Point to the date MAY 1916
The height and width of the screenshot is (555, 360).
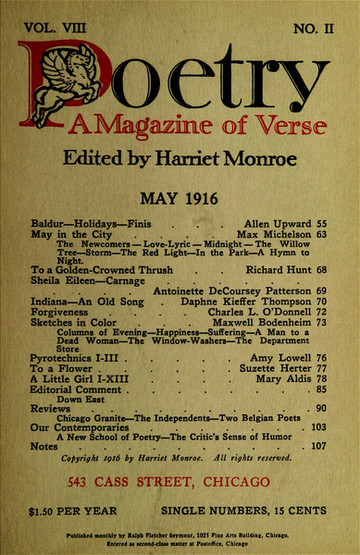[x=179, y=203]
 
